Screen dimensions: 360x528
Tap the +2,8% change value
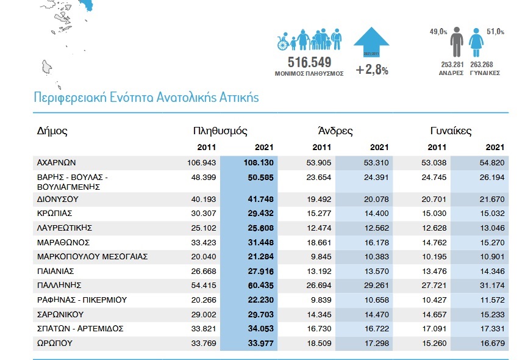(x=372, y=70)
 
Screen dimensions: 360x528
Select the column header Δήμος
(x=52, y=131)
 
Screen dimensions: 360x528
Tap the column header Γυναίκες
(x=451, y=131)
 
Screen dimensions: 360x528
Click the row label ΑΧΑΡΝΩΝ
(x=56, y=163)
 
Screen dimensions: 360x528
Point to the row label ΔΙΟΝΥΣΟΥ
(x=59, y=200)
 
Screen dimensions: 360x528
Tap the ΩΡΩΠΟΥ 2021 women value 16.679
(x=491, y=342)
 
